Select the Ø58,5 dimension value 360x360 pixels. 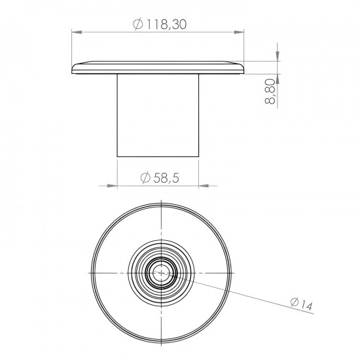point(158,177)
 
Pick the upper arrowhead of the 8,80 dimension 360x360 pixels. point(278,56)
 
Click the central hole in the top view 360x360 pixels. point(160,272)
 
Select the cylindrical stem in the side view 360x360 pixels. point(158,115)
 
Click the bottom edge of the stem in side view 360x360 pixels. point(158,156)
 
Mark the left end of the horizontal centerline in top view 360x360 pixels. point(87,272)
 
